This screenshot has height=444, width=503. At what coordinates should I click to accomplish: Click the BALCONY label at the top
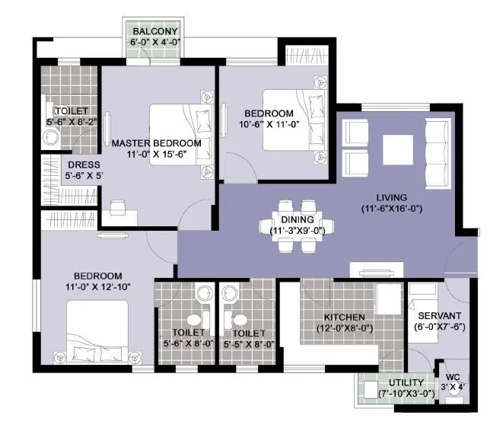154,31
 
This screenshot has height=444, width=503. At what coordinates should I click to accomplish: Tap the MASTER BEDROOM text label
156,142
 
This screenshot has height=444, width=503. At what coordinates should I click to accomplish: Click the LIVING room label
390,197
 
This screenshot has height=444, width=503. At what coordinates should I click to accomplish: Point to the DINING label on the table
297,219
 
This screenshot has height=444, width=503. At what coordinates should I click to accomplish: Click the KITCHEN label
344,317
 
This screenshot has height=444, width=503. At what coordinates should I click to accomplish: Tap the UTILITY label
406,382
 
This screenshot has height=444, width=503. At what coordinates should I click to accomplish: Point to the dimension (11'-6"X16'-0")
391,208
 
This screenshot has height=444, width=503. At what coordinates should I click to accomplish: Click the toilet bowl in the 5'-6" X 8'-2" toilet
51,138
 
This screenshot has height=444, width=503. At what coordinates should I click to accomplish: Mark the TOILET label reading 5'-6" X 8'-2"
65,110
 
